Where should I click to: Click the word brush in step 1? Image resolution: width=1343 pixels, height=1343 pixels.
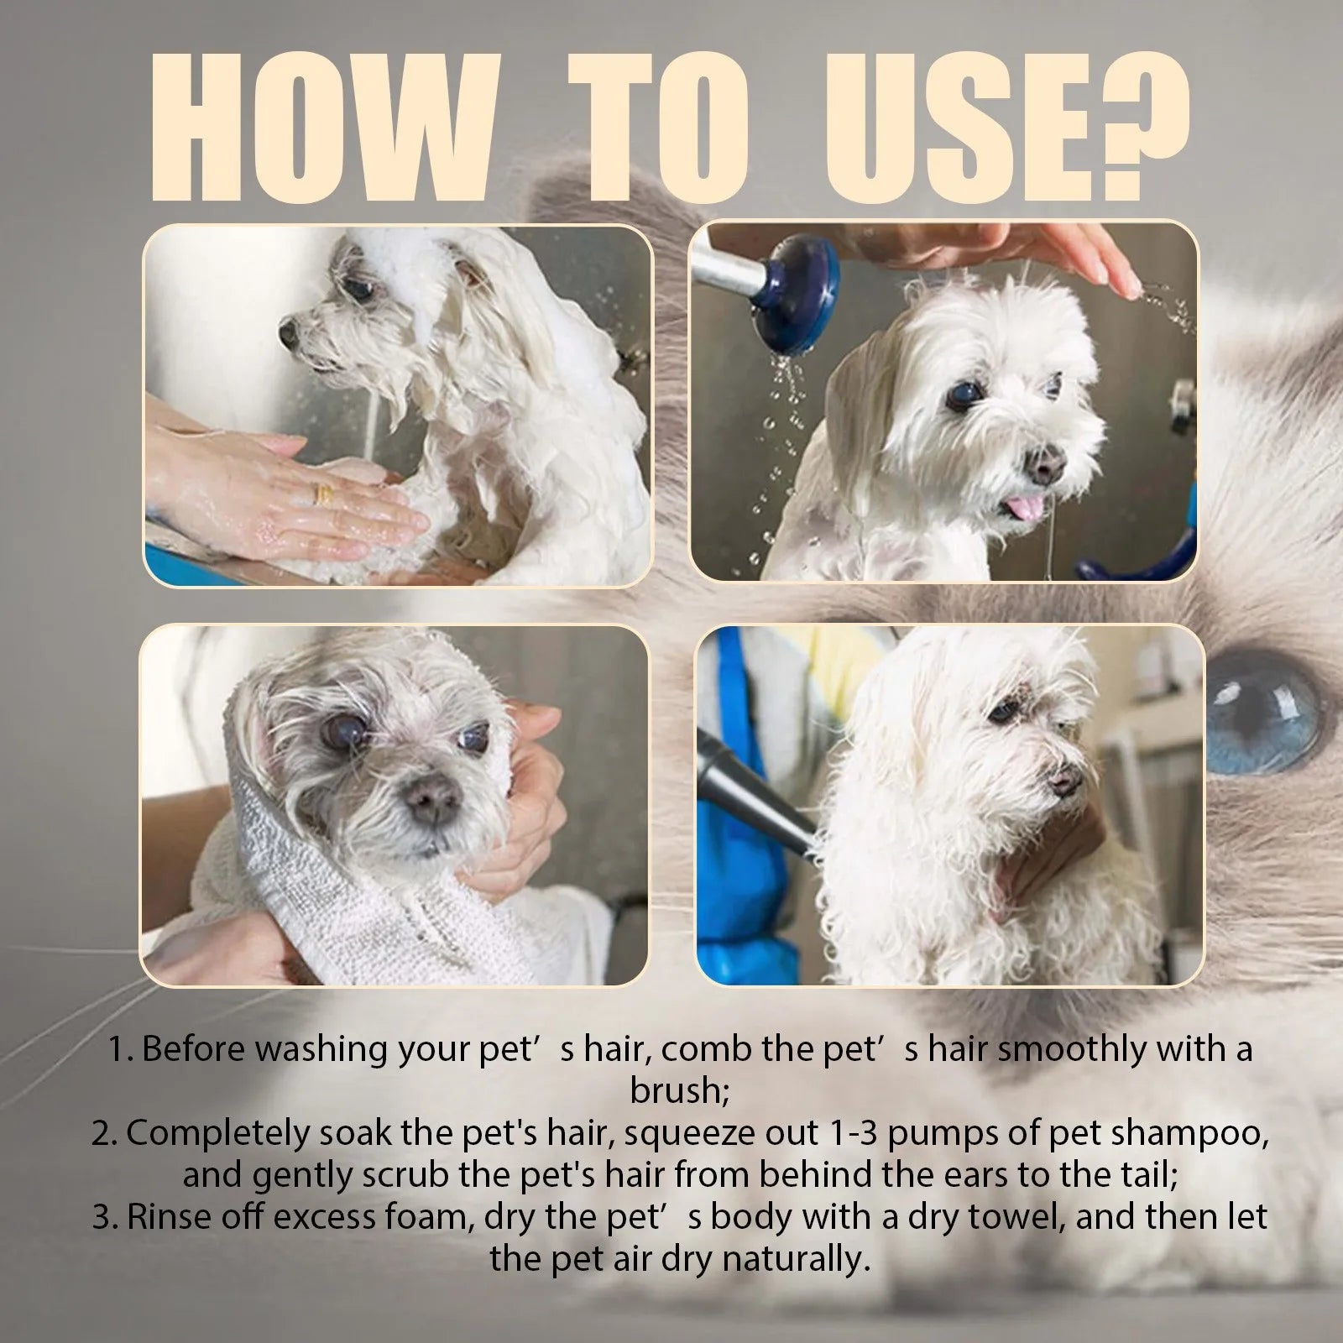coord(671,1090)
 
